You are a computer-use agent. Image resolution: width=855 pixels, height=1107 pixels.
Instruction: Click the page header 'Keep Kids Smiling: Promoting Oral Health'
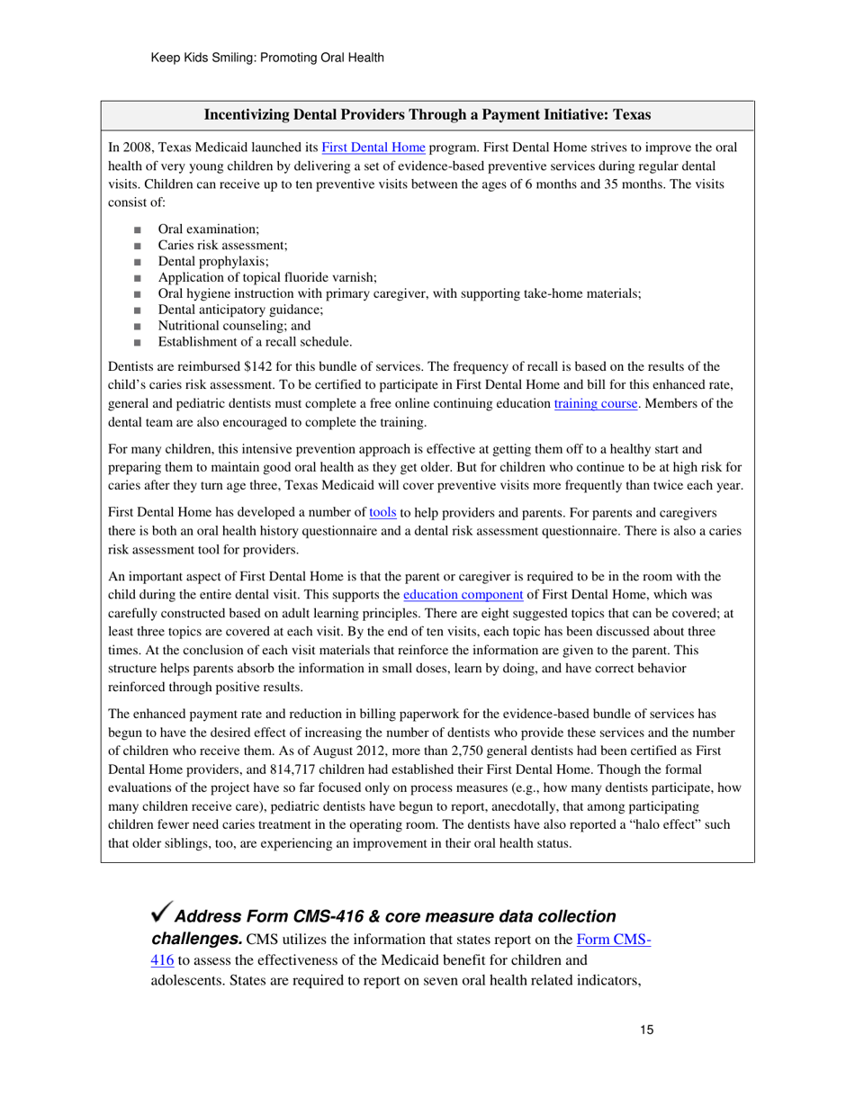click(x=267, y=58)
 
